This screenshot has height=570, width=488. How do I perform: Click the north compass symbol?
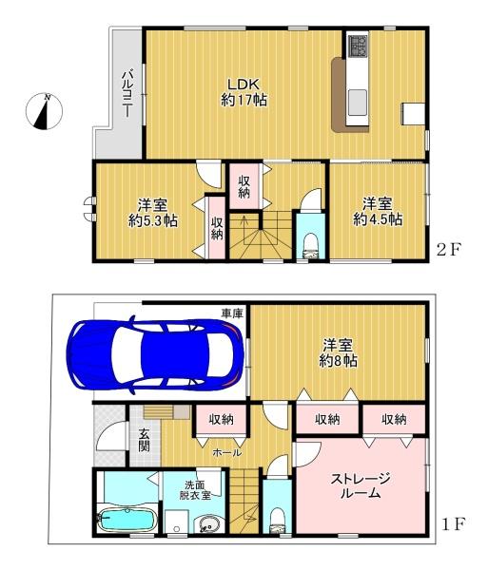44,111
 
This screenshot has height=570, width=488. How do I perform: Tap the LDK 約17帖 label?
244,92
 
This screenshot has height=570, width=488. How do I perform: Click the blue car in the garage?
155,354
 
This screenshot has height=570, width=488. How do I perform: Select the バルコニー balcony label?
127,94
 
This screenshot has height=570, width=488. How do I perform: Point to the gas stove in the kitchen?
358,45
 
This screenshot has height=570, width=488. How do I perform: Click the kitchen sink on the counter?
358,102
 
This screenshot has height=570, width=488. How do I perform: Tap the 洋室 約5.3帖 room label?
153,213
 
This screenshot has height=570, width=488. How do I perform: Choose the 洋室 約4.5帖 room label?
378,212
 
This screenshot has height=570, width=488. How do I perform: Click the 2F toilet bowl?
310,246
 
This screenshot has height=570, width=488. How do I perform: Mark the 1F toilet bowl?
278,521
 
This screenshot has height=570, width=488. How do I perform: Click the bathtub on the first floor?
127,519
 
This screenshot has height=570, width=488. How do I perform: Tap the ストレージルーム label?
361,485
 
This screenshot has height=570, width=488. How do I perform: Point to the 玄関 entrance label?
144,440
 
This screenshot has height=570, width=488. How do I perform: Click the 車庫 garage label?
232,313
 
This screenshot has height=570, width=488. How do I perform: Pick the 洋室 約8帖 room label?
338,352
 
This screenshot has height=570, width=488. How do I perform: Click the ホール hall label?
226,452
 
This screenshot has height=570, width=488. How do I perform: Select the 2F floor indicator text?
449,250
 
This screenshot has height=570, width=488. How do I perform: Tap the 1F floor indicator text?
454,523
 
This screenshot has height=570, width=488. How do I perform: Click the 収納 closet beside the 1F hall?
222,420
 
